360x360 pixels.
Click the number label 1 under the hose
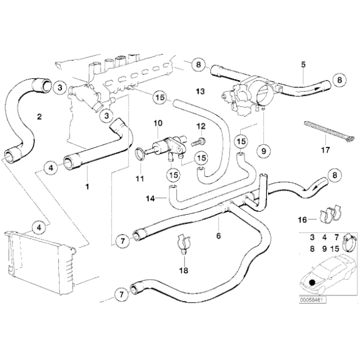(x=88, y=186)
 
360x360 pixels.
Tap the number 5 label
(x=303, y=64)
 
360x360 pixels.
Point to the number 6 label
(x=218, y=236)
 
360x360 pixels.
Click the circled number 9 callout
(x=263, y=150)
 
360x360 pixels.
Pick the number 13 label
(x=200, y=91)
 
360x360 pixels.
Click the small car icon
(x=317, y=279)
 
